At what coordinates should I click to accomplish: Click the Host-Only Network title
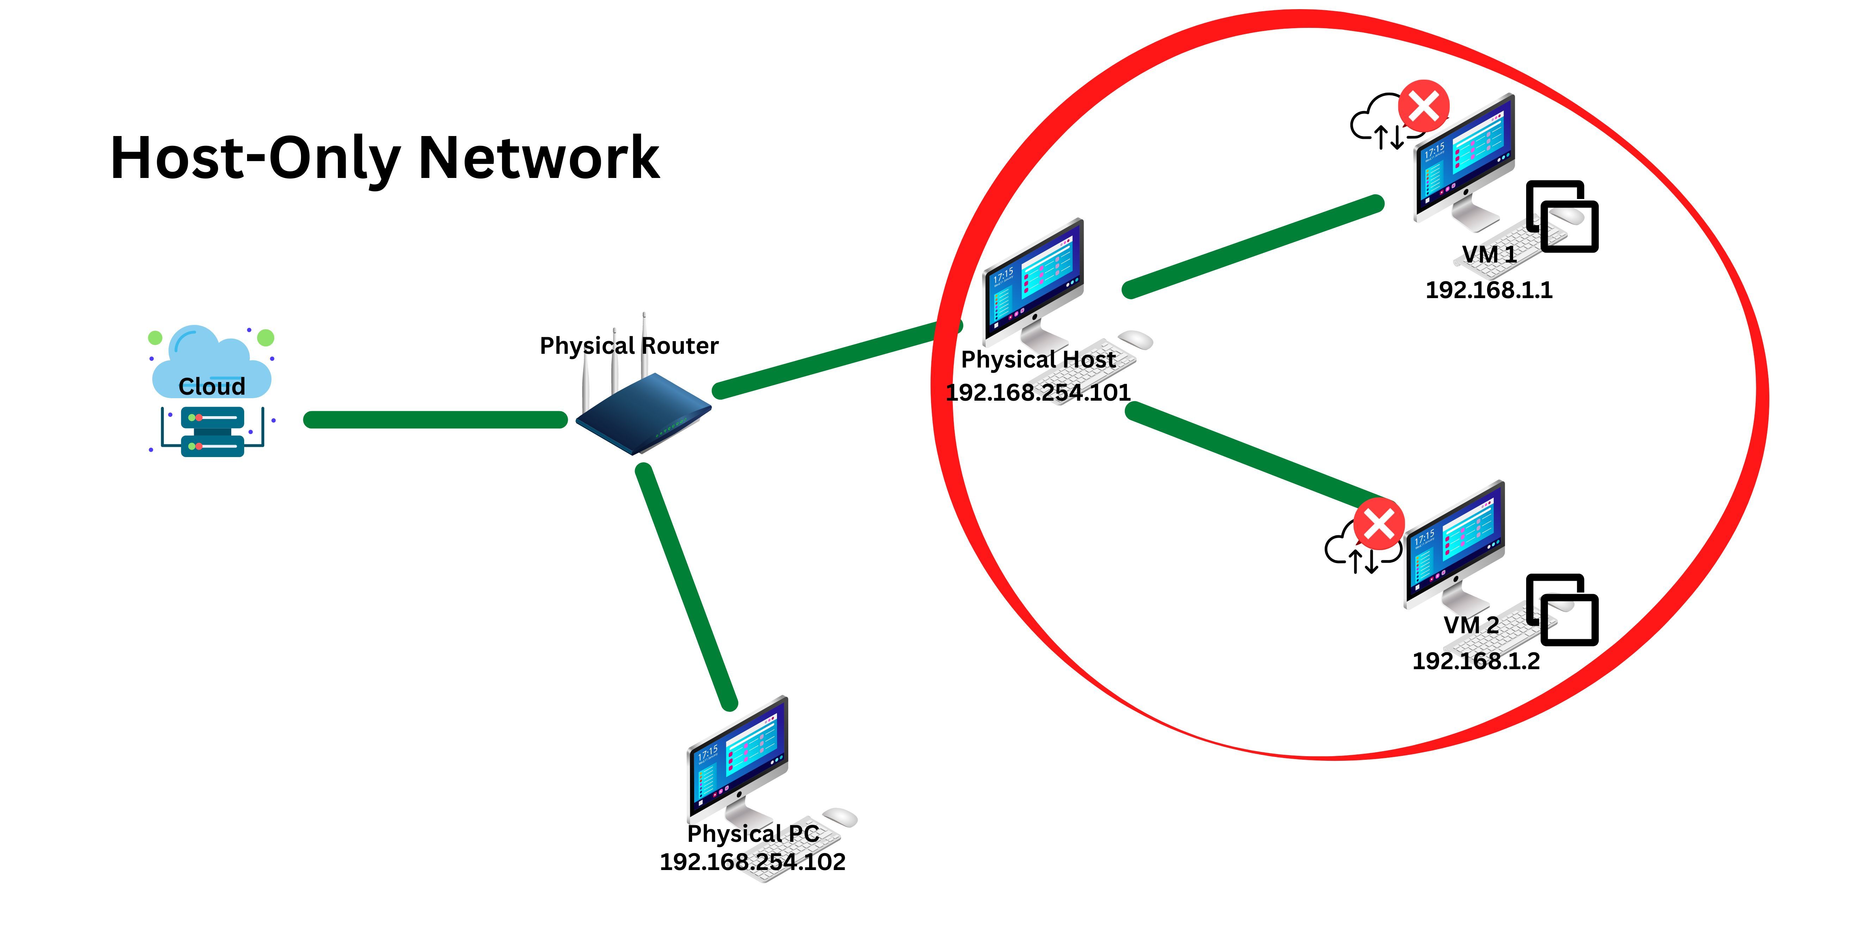tap(384, 158)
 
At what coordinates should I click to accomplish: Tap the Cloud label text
tap(212, 386)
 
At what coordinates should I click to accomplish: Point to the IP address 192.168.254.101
tap(1038, 392)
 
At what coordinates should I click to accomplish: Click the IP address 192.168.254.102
tap(753, 861)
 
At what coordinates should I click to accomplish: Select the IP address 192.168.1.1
tap(1489, 289)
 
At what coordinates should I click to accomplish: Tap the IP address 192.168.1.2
tap(1476, 661)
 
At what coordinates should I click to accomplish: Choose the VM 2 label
tap(1472, 625)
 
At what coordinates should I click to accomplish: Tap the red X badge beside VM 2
tap(1379, 524)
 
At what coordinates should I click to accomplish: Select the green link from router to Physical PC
tap(686, 585)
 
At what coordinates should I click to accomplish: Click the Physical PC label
tap(753, 833)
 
